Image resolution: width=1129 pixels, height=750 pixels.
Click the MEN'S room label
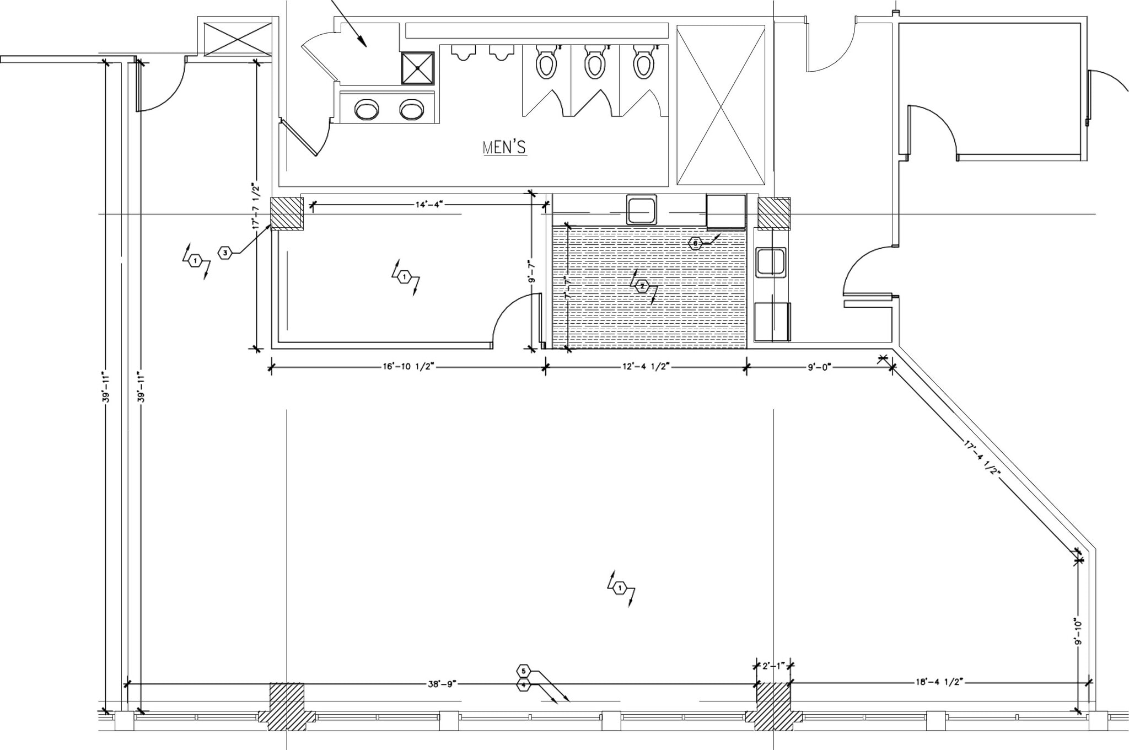pos(504,148)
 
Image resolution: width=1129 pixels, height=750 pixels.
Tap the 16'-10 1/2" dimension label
pos(408,366)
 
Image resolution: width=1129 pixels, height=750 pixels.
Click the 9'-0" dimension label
pos(819,366)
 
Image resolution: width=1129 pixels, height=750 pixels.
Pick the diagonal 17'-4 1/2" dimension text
pos(982,459)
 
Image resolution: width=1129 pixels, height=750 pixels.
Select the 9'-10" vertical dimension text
pos(1078,631)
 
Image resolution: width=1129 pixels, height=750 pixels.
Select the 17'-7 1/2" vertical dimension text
pos(255,205)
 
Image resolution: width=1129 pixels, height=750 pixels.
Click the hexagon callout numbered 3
pos(224,253)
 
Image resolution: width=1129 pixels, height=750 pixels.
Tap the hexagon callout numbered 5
pos(524,671)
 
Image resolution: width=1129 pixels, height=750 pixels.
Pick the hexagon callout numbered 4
pos(524,685)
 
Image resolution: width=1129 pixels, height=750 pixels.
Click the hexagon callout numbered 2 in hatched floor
pos(642,286)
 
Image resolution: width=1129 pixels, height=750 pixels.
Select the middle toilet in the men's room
pos(594,63)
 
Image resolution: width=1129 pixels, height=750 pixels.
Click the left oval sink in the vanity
pos(367,109)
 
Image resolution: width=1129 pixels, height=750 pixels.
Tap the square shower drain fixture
pos(417,68)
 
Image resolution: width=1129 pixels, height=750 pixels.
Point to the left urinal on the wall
pos(463,52)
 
